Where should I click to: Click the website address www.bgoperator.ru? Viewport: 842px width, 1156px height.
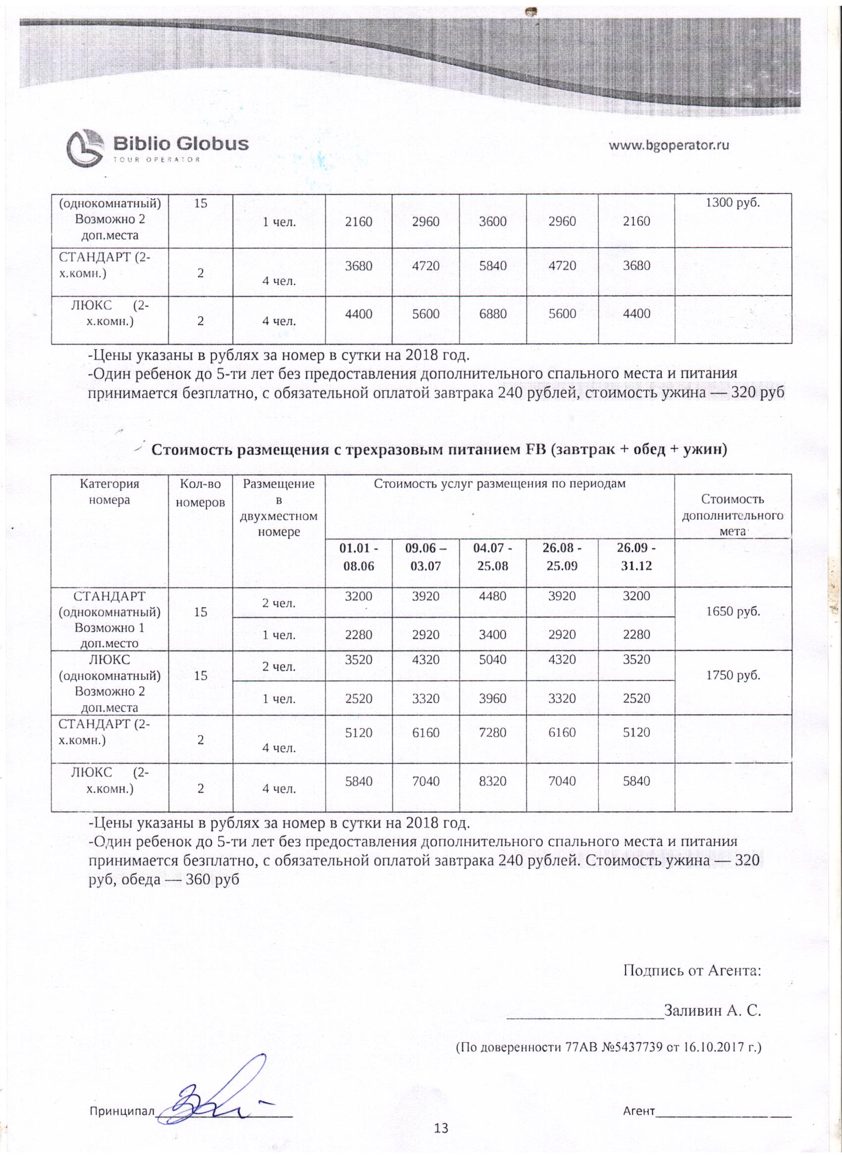pyautogui.click(x=669, y=145)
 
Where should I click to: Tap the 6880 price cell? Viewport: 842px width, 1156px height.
pyautogui.click(x=492, y=314)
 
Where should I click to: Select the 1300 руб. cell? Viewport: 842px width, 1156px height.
pyautogui.click(x=733, y=203)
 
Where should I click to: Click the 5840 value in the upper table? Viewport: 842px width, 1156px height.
pyautogui.click(x=492, y=265)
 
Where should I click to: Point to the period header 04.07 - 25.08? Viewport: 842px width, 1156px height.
pyautogui.click(x=492, y=557)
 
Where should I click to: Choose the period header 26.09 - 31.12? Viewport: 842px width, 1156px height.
pyautogui.click(x=636, y=557)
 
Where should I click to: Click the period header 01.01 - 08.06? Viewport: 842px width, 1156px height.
pyautogui.click(x=358, y=557)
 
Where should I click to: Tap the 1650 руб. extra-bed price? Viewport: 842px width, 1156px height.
pyautogui.click(x=733, y=612)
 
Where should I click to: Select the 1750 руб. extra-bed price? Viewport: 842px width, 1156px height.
pyautogui.click(x=733, y=676)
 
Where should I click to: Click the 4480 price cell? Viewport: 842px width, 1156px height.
pyautogui.click(x=492, y=596)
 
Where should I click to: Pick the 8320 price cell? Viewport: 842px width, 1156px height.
pyautogui.click(x=492, y=781)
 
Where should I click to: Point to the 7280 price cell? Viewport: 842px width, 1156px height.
pyautogui.click(x=492, y=733)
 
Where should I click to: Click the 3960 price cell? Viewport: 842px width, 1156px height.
pyautogui.click(x=492, y=698)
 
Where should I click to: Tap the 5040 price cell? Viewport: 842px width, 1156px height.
pyautogui.click(x=492, y=660)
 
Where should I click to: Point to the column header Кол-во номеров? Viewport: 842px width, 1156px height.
pyautogui.click(x=200, y=492)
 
